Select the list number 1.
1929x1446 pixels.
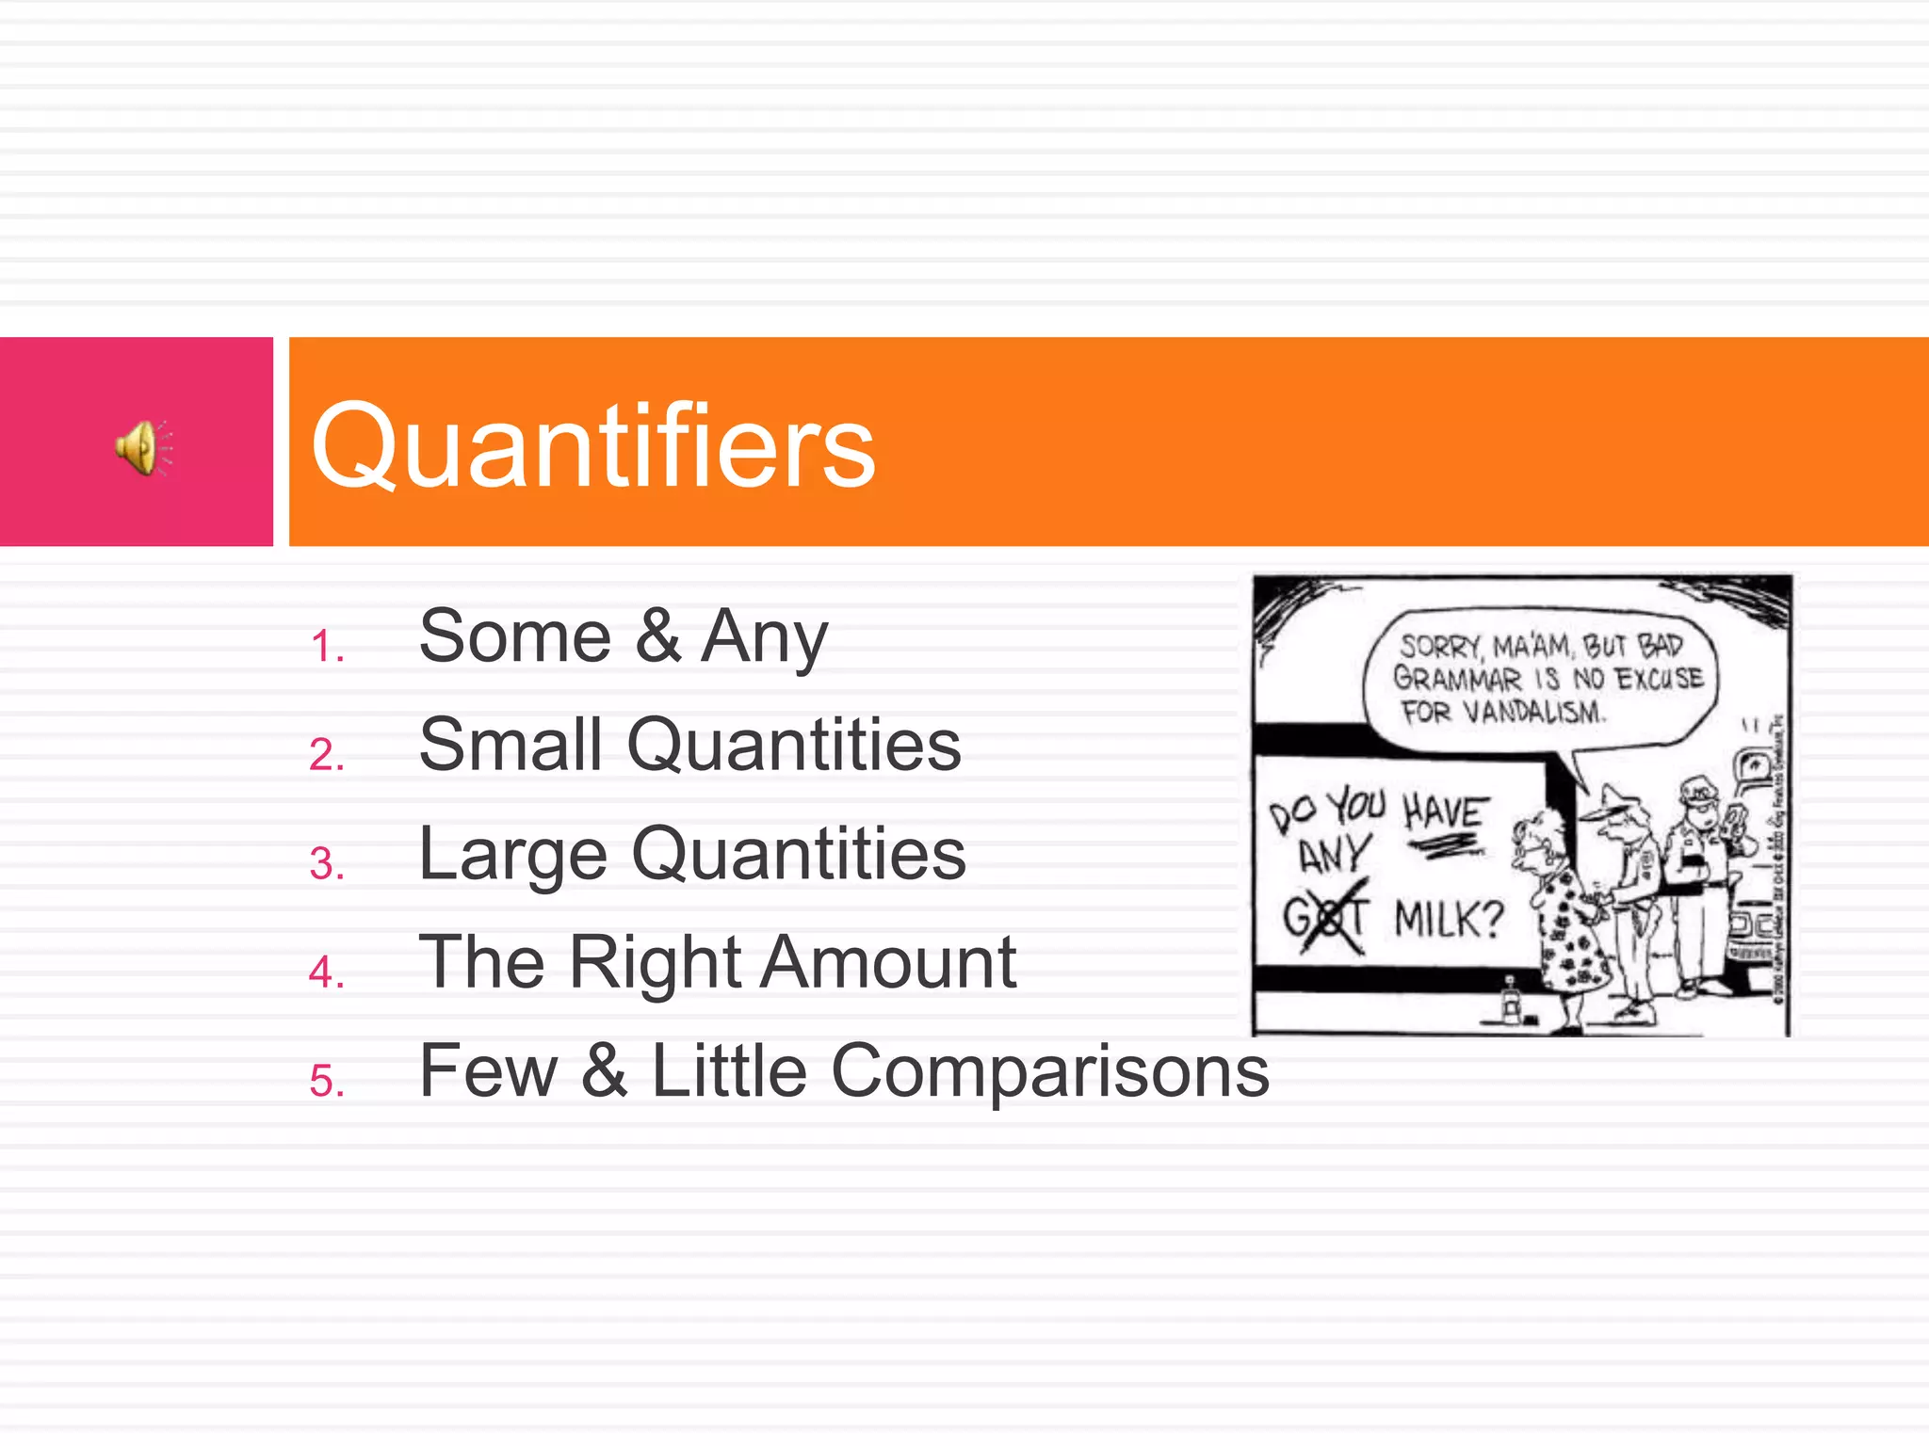tap(326, 648)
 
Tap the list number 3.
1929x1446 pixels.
tap(326, 864)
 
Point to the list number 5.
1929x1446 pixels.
tap(326, 1081)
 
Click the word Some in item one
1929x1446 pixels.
tap(515, 636)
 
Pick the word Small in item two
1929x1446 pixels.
tap(510, 745)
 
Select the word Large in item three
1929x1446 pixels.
tap(513, 855)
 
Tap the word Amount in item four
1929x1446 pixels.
tap(889, 963)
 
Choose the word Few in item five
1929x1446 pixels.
tap(488, 1070)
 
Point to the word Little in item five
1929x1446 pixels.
tap(729, 1070)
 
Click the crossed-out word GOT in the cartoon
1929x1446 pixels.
tap(1324, 916)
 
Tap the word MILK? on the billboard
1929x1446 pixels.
tap(1449, 919)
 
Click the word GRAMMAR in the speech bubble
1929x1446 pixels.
tap(1456, 678)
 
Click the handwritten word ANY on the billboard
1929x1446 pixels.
tap(1332, 855)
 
